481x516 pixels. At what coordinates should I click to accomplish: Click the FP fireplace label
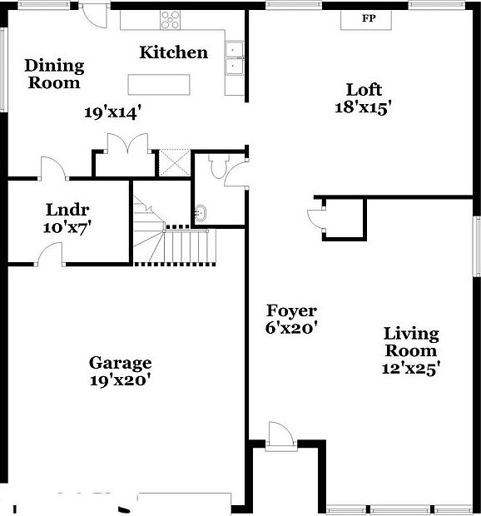[x=368, y=18]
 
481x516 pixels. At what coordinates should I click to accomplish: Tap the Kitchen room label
[x=173, y=52]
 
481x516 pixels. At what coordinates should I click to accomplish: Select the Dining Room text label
[x=54, y=73]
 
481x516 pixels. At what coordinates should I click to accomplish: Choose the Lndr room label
[x=67, y=210]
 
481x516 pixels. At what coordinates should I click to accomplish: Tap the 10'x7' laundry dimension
[x=67, y=226]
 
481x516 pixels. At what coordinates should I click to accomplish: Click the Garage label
[x=121, y=363]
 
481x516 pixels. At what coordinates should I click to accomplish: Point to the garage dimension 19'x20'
[x=121, y=380]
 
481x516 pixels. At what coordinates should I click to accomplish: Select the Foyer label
[x=291, y=311]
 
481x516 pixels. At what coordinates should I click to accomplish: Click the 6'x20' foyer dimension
[x=291, y=328]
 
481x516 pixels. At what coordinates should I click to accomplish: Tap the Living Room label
[x=411, y=342]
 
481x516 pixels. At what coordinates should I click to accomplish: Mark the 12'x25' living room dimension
[x=411, y=367]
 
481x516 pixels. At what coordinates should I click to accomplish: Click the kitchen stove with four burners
[x=171, y=19]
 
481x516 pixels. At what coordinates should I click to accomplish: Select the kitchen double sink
[x=235, y=57]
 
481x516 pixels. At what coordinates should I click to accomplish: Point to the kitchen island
[x=158, y=83]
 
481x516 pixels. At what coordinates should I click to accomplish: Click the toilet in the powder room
[x=218, y=167]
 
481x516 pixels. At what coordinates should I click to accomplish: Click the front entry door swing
[x=280, y=435]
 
